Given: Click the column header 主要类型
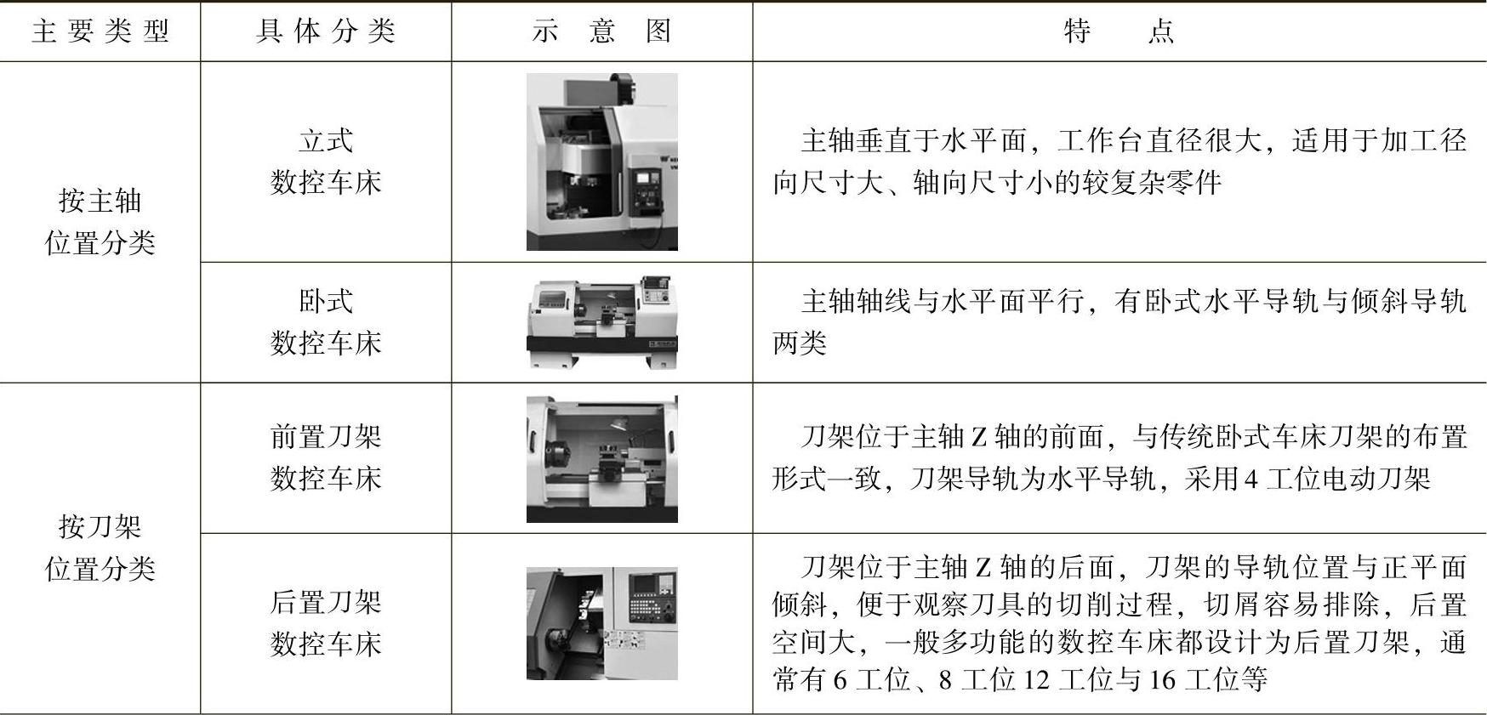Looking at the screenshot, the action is [x=100, y=31].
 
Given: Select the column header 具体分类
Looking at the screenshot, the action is [x=326, y=31].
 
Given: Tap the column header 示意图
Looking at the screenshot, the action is [x=601, y=31].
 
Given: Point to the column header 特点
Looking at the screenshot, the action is [x=1119, y=31].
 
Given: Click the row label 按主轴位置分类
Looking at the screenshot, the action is [x=100, y=222].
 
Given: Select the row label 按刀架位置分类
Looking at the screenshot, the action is [x=100, y=548].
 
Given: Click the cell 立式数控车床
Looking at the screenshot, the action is [x=326, y=161].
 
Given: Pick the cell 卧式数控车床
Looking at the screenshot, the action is [x=326, y=322].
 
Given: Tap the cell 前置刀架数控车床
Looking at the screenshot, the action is [x=326, y=457].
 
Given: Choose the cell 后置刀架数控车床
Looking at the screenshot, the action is [x=326, y=623].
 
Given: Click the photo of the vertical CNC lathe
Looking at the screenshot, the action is [x=602, y=162].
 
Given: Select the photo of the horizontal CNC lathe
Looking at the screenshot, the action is [x=602, y=321].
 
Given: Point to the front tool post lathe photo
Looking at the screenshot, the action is [x=602, y=459].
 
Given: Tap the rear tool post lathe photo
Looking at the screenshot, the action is [x=602, y=623].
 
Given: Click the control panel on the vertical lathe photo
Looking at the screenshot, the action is [x=647, y=189].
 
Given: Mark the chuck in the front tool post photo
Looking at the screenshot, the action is [x=558, y=458].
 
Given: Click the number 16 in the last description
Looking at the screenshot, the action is [x=1163, y=680].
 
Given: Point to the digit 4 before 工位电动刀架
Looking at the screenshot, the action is [x=1251, y=480].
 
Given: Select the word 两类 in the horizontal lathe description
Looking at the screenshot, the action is [x=800, y=343].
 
